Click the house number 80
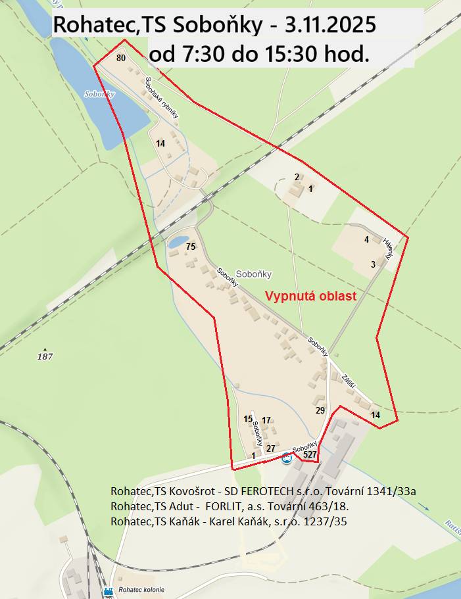coord(120,58)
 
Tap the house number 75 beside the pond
coord(191,247)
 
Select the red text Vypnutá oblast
coord(310,296)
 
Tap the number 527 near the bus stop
coord(310,454)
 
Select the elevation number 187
coord(45,356)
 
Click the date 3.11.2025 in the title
coord(331,26)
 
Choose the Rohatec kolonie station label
coord(141,589)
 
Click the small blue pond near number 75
coord(178,243)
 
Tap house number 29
coord(320,410)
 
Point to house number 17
coord(266,420)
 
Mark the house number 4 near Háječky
coord(366,239)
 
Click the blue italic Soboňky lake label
coord(100,94)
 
